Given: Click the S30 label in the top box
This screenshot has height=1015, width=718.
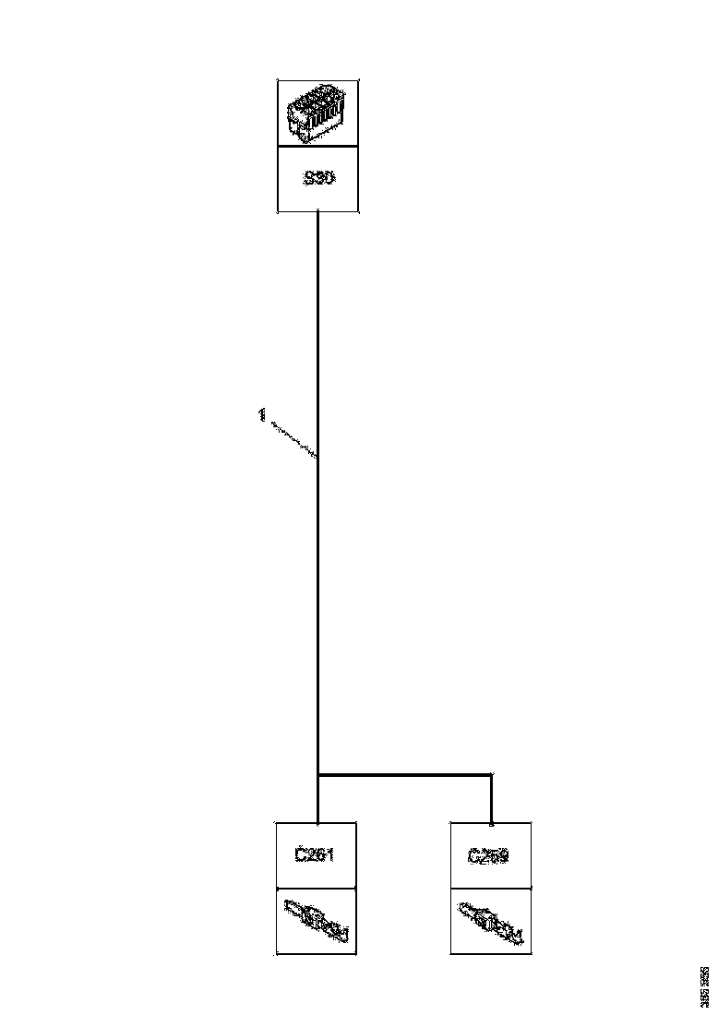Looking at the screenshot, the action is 318,178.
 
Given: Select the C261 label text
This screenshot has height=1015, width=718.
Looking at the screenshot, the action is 314,855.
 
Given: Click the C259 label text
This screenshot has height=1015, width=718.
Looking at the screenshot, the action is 488,855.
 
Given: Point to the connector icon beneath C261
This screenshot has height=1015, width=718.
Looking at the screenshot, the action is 316,922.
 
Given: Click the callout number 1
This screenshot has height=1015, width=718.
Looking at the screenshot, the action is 262,415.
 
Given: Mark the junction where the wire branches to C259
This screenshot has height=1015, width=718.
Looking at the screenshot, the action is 318,775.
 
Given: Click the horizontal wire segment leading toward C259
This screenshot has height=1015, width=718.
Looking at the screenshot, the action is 406,775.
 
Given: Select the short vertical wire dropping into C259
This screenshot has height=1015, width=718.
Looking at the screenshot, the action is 491,799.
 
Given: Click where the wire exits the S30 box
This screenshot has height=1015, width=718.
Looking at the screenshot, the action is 318,213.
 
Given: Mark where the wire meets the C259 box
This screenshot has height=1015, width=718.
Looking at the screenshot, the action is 491,822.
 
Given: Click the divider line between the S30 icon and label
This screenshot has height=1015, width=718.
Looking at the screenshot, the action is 318,146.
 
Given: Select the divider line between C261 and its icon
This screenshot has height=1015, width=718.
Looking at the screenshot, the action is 316,890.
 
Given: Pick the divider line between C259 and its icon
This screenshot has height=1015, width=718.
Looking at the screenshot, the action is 490,890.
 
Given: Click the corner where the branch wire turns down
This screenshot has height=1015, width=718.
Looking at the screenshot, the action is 491,775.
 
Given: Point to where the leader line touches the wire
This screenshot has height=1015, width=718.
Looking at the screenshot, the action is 317,456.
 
